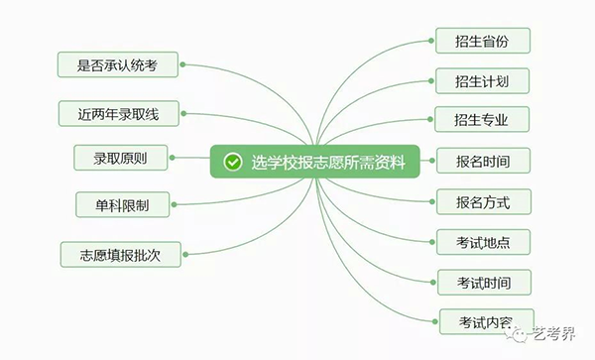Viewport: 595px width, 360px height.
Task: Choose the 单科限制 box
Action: tap(125, 205)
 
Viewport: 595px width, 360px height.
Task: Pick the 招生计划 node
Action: tap(483, 80)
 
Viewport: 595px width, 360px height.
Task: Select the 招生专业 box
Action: tap(483, 120)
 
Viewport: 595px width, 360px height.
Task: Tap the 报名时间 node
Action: tap(483, 161)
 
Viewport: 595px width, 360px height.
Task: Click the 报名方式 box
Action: tap(483, 201)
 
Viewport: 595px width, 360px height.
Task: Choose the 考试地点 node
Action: tap(483, 241)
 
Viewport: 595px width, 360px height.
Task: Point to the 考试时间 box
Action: tap(483, 282)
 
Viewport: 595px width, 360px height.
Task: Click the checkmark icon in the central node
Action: tap(232, 162)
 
